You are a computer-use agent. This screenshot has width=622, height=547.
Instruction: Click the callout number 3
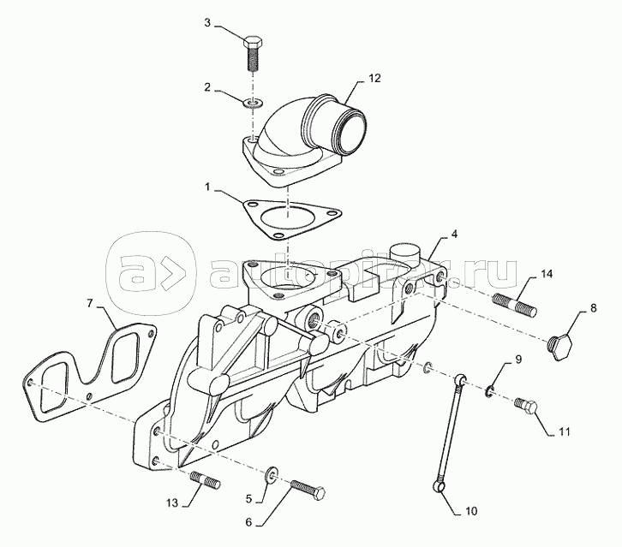tap(207, 22)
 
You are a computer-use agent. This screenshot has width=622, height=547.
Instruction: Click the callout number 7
tap(89, 303)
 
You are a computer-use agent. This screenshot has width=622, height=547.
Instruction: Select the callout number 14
tap(547, 274)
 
